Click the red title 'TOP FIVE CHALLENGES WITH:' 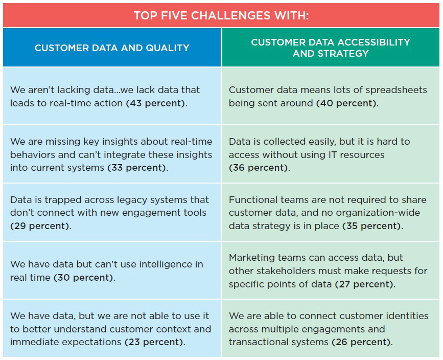[x=221, y=15]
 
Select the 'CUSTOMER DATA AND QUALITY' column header [x=112, y=48]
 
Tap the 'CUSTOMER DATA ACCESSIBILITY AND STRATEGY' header [x=331, y=48]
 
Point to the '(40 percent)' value [x=346, y=103]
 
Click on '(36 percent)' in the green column [x=258, y=168]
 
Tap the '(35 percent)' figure [x=371, y=226]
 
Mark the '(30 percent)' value [x=83, y=278]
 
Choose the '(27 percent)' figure [x=364, y=284]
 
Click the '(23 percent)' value [x=154, y=342]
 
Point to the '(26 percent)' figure [x=361, y=342]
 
